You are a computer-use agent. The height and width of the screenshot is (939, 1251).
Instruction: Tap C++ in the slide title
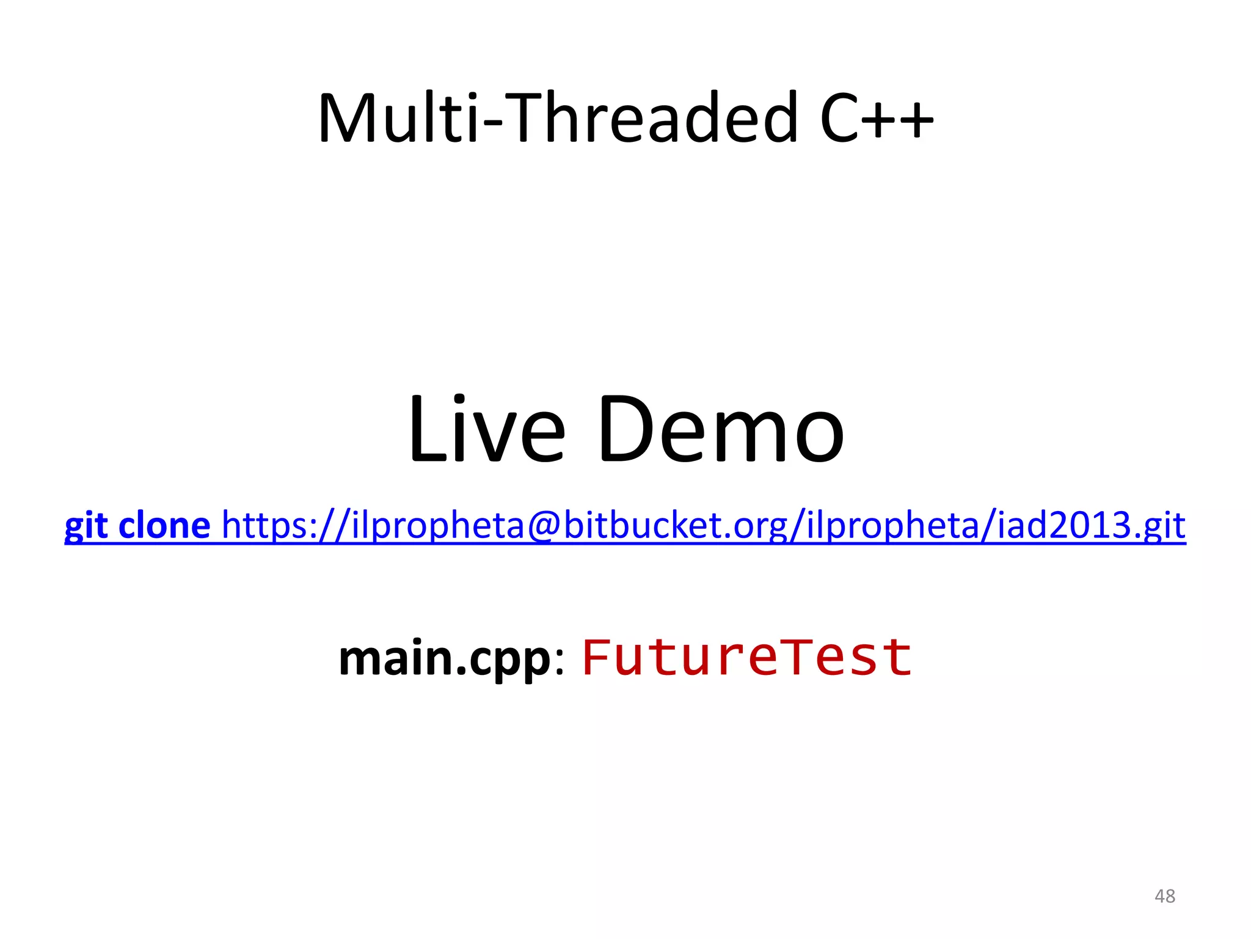point(876,117)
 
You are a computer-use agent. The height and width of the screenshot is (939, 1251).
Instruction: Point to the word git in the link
point(86,526)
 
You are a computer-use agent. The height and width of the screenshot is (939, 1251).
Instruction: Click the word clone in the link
point(164,526)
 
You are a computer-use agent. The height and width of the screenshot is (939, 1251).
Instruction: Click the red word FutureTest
point(747,658)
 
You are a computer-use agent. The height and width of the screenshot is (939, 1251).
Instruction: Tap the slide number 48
point(1164,896)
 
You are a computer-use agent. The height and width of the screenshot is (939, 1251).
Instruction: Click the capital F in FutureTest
point(597,657)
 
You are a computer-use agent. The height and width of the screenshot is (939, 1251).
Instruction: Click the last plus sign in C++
point(914,119)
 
